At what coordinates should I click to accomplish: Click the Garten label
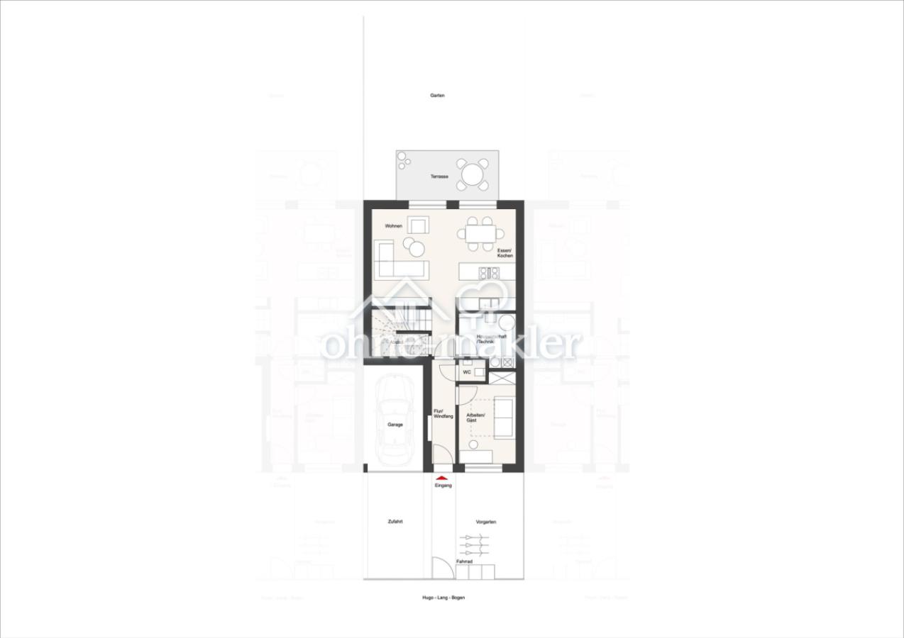pos(437,95)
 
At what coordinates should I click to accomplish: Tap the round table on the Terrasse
pos(473,174)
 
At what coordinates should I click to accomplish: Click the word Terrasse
pos(439,177)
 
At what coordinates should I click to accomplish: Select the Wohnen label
pos(394,226)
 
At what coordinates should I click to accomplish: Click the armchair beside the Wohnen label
pos(419,225)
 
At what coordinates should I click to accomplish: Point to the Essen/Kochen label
pos(505,253)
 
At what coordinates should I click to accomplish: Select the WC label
pos(467,371)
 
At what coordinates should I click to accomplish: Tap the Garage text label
pos(395,425)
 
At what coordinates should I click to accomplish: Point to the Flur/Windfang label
pos(443,413)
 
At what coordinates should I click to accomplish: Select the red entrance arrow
pos(443,478)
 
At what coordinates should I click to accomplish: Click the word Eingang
pos(443,486)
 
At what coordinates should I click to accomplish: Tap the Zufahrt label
pos(395,522)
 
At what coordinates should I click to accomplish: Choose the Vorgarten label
pos(486,522)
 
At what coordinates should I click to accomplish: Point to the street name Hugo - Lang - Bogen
pos(443,598)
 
